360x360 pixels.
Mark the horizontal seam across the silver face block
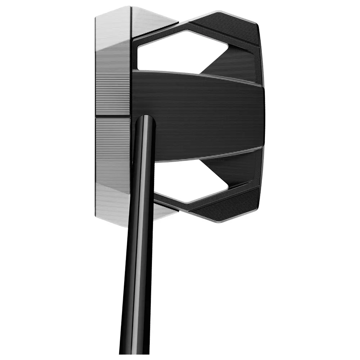pyautogui.click(x=112, y=117)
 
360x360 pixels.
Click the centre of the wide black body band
pyautogui.click(x=202, y=115)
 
